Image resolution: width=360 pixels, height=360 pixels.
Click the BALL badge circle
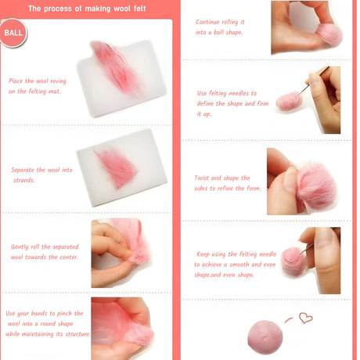click(x=13, y=33)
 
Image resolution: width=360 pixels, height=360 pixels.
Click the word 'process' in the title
click(x=58, y=9)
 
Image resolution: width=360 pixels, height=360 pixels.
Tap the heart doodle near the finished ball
click(x=305, y=318)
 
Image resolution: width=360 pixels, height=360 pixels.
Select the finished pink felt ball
click(x=265, y=337)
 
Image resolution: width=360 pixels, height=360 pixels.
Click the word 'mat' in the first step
click(x=55, y=92)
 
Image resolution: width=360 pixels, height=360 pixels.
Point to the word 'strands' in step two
click(x=24, y=180)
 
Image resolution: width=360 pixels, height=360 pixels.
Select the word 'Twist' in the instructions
click(x=201, y=178)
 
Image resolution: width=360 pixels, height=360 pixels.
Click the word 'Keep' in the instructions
click(x=203, y=254)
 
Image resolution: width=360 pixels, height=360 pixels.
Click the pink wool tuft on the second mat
click(x=117, y=167)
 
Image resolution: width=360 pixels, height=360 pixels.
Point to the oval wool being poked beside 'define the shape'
click(x=289, y=101)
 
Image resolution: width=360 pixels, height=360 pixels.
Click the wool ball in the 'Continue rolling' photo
click(x=329, y=35)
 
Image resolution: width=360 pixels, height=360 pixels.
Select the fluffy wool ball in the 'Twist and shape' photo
click(x=316, y=186)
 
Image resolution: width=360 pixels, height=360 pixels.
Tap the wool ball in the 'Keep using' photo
click(x=293, y=261)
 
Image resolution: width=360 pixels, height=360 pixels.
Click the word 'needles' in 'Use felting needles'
click(x=239, y=93)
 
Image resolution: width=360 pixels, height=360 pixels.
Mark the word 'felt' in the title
click(x=140, y=9)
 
